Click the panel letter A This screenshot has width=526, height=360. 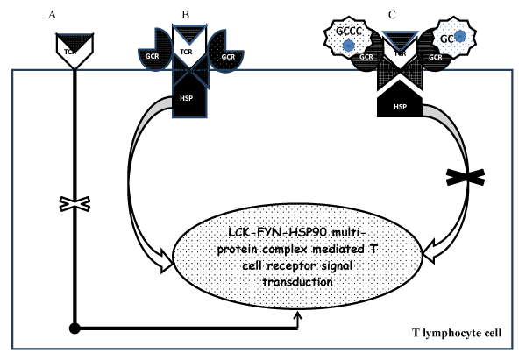tap(52, 15)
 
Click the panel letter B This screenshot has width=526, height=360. tap(186, 15)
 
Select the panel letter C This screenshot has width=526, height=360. tap(392, 15)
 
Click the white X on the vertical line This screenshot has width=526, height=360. tap(75, 204)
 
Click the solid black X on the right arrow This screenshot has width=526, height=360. tap(466, 177)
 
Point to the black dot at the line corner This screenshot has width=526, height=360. tap(75, 328)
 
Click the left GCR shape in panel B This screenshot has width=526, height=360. tap(155, 50)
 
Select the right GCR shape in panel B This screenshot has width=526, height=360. tap(226, 50)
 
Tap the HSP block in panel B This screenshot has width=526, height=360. tap(189, 100)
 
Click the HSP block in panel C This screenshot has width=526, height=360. tap(400, 102)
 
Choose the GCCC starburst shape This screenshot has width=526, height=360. tap(349, 36)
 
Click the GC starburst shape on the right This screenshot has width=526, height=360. tap(453, 37)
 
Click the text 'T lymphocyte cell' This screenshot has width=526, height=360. tap(457, 333)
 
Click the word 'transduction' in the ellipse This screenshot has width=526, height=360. tap(297, 281)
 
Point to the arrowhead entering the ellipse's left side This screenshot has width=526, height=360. tap(167, 261)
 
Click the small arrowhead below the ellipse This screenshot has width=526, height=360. tap(297, 315)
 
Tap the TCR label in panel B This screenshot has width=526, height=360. tap(186, 52)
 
